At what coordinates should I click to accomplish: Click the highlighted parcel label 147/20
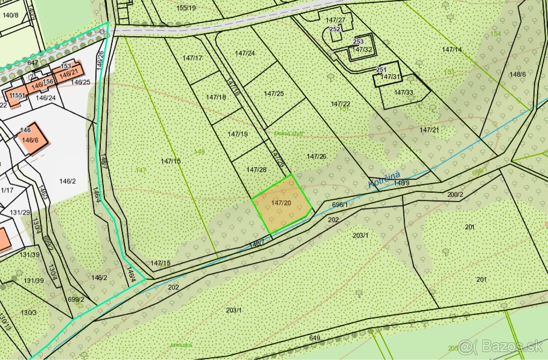point(281,202)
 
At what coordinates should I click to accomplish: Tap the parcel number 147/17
point(192,58)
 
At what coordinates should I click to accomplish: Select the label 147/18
point(216,97)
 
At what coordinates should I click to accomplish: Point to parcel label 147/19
point(237,134)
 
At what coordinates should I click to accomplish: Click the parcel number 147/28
point(256,169)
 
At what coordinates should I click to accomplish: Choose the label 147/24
point(245,53)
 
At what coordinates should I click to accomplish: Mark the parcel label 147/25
point(274,93)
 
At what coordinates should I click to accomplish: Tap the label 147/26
point(316,156)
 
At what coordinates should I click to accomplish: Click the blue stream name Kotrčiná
point(385,180)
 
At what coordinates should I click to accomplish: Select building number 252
point(335,29)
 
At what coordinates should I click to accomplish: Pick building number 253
point(358,42)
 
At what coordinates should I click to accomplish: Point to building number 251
point(381,69)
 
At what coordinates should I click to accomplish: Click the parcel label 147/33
point(403,92)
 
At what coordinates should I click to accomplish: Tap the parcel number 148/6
point(518,74)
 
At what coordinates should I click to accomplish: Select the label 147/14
point(452,49)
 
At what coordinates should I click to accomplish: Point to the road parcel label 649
point(314,338)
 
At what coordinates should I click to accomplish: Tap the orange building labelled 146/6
point(30,140)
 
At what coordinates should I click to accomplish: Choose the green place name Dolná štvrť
point(289,133)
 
